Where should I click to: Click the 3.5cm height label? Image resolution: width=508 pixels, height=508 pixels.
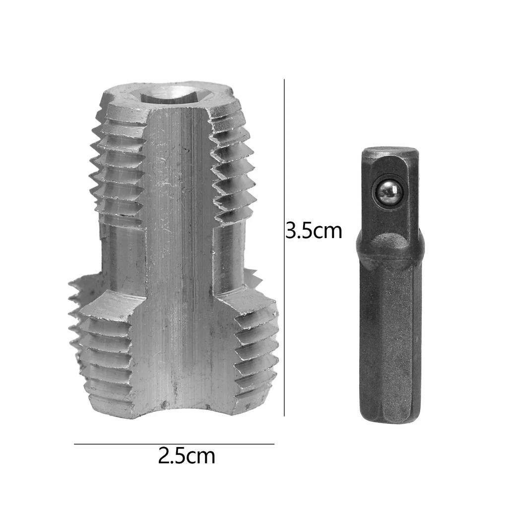(314, 231)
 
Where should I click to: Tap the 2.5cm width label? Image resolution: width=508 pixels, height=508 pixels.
(187, 455)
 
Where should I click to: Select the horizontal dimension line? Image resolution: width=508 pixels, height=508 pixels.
(174, 444)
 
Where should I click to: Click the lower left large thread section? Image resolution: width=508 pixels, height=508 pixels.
(102, 347)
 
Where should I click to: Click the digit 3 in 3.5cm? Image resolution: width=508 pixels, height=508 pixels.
(292, 231)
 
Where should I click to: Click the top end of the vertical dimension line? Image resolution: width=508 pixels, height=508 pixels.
(284, 80)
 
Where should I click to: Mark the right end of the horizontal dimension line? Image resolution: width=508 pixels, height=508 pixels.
(273, 444)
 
